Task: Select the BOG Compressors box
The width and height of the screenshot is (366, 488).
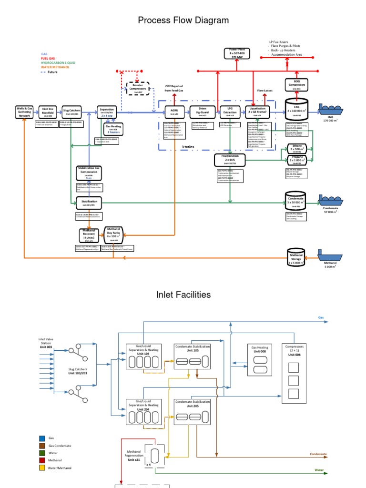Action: [x=296, y=85]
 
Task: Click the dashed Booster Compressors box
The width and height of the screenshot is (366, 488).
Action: [x=138, y=88]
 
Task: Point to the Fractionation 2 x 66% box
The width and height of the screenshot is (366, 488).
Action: [x=230, y=159]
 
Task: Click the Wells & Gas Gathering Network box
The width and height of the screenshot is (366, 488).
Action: [x=24, y=112]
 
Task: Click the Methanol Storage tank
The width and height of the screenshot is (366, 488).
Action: [x=296, y=257]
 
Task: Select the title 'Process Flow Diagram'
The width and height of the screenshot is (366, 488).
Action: [x=183, y=20]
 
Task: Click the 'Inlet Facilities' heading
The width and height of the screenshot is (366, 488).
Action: [x=183, y=295]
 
